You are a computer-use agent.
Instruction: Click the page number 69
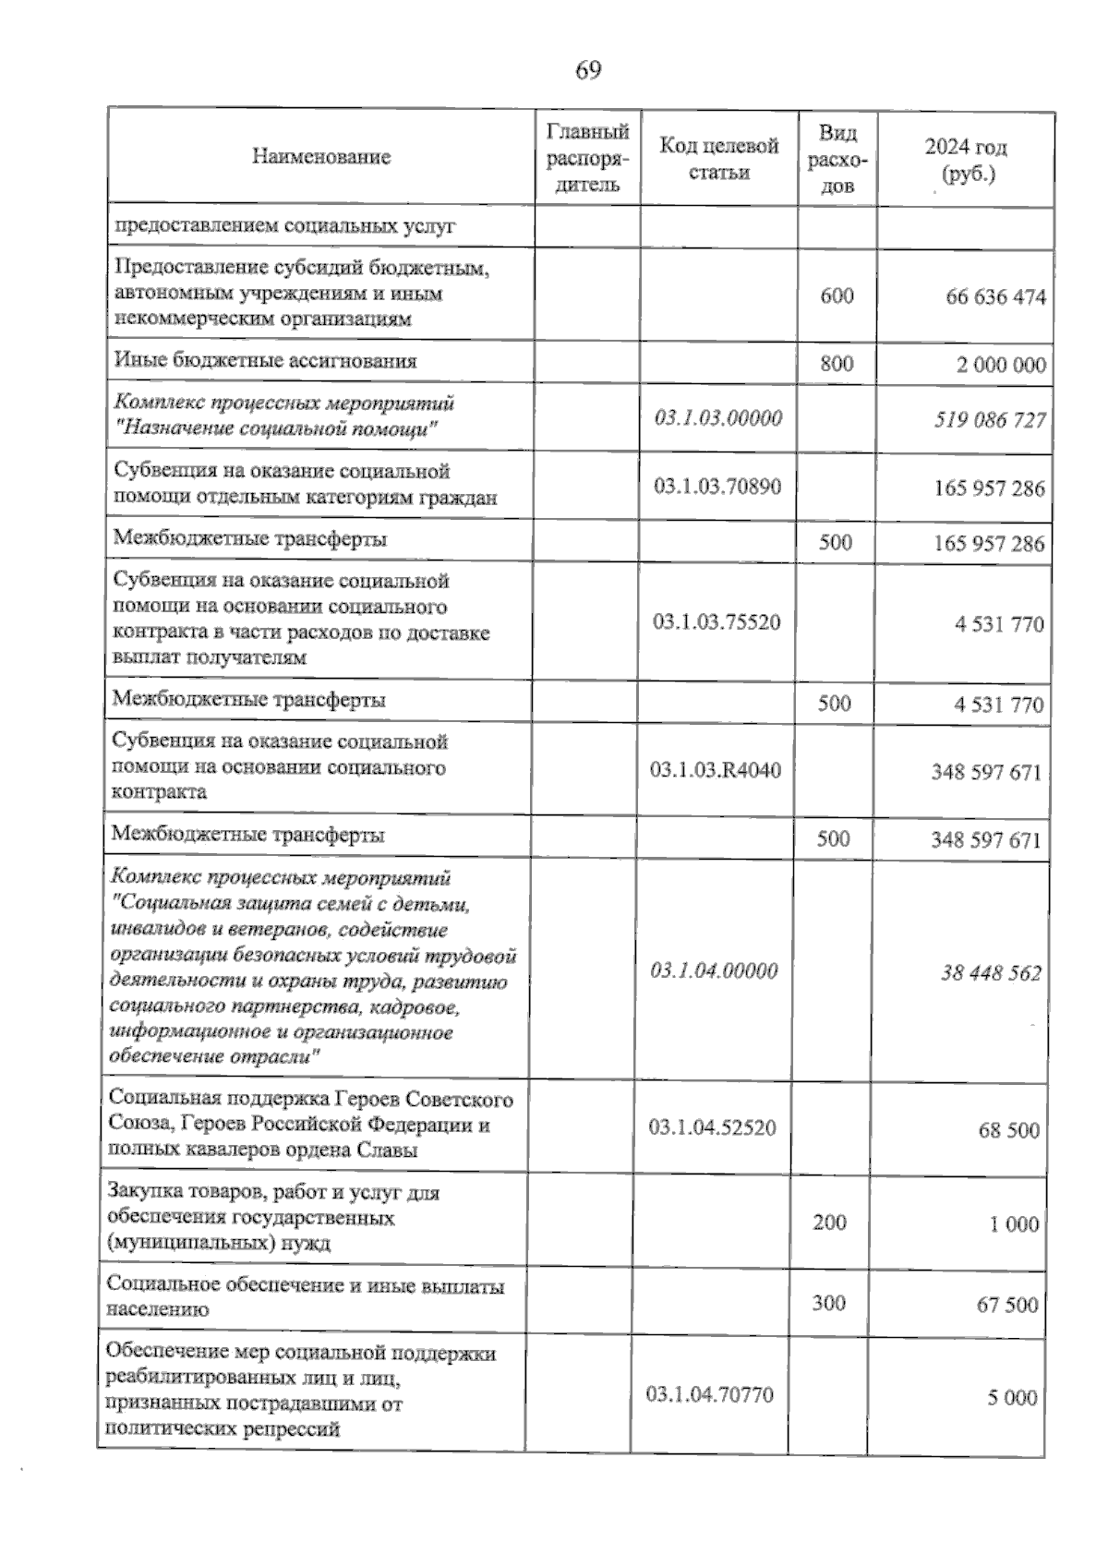pyautogui.click(x=588, y=70)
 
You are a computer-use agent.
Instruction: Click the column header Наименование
pyautogui.click(x=321, y=157)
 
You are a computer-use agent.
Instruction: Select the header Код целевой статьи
pyautogui.click(x=719, y=159)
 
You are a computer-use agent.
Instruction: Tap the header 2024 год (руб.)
pyautogui.click(x=966, y=160)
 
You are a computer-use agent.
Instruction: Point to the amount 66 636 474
pyautogui.click(x=995, y=297)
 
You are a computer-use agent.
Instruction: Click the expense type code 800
pyautogui.click(x=837, y=363)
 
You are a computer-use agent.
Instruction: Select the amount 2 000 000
pyautogui.click(x=1001, y=365)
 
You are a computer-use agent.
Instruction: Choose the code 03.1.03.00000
pyautogui.click(x=718, y=418)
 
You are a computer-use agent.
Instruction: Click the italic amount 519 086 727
pyautogui.click(x=990, y=420)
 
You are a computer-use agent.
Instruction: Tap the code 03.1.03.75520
pyautogui.click(x=717, y=622)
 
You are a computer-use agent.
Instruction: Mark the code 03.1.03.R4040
pyautogui.click(x=716, y=769)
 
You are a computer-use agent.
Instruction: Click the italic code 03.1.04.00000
pyautogui.click(x=714, y=970)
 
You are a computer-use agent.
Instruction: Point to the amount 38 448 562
pyautogui.click(x=991, y=972)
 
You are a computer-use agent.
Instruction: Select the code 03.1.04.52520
pyautogui.click(x=712, y=1127)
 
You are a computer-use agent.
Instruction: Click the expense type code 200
pyautogui.click(x=829, y=1223)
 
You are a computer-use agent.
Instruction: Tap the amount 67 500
pyautogui.click(x=1007, y=1305)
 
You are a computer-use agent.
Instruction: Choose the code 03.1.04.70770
pyautogui.click(x=710, y=1394)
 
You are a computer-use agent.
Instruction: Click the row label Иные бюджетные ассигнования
pyautogui.click(x=265, y=361)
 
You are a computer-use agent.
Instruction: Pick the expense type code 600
pyautogui.click(x=837, y=296)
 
